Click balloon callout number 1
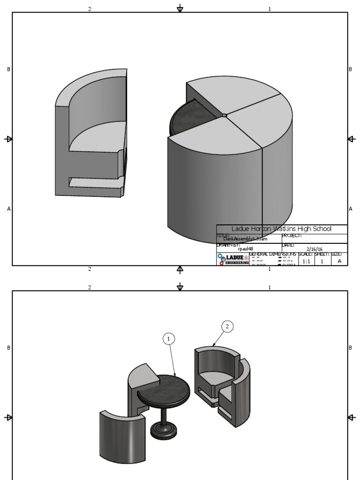(x=169, y=339)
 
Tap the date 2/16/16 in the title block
(x=315, y=249)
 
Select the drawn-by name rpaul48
(x=246, y=249)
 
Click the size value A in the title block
(x=339, y=261)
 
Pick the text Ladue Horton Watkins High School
(x=281, y=229)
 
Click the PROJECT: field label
(x=292, y=236)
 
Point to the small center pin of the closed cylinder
(x=225, y=115)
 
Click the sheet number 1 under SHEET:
(x=322, y=262)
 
